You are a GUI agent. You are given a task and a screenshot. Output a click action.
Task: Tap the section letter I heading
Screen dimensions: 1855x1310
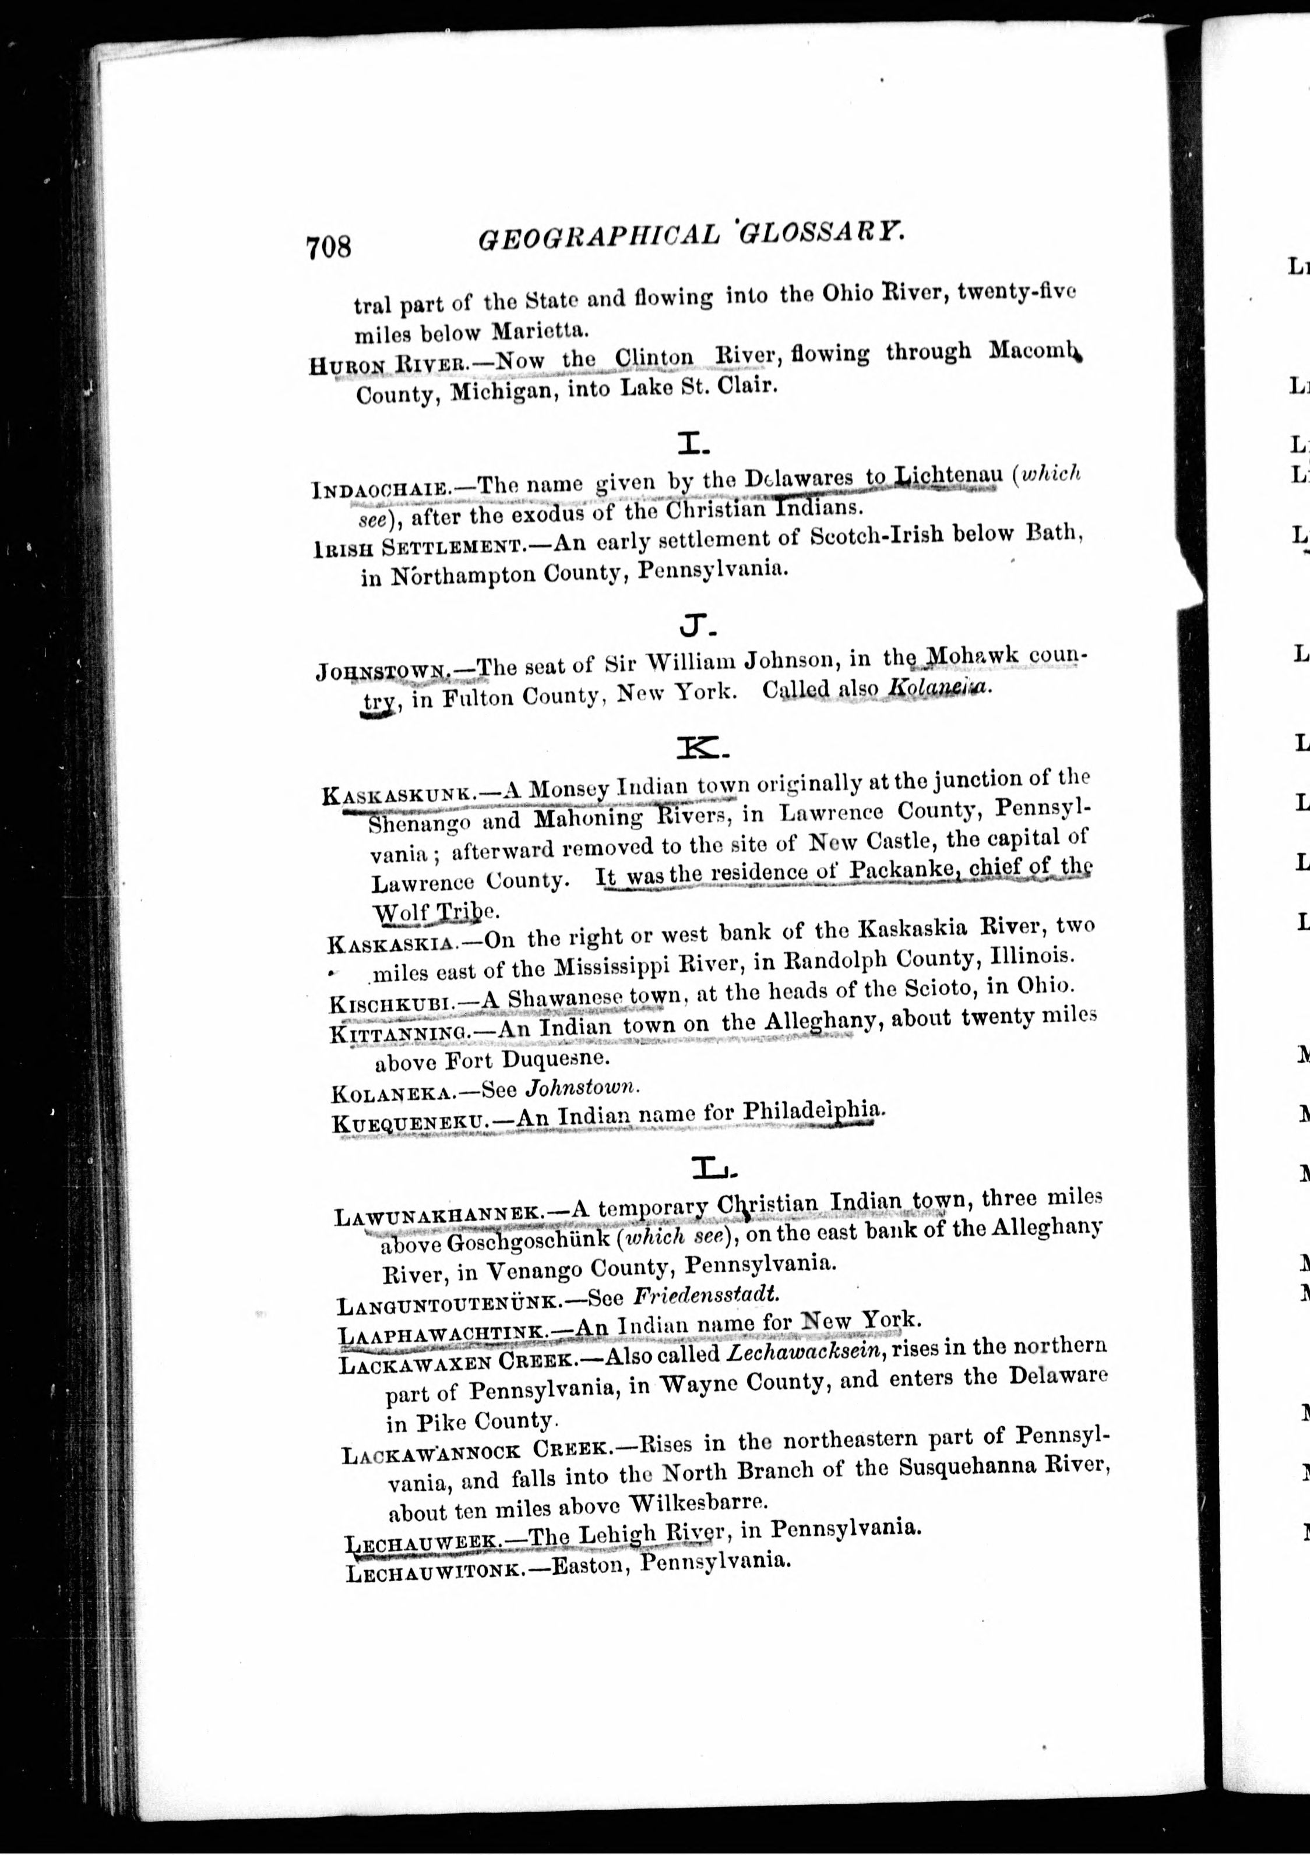[x=693, y=443]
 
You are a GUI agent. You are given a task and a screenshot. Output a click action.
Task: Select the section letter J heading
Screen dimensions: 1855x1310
[x=695, y=625]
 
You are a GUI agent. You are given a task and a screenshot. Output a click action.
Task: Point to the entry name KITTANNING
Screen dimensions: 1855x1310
[x=401, y=1034]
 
